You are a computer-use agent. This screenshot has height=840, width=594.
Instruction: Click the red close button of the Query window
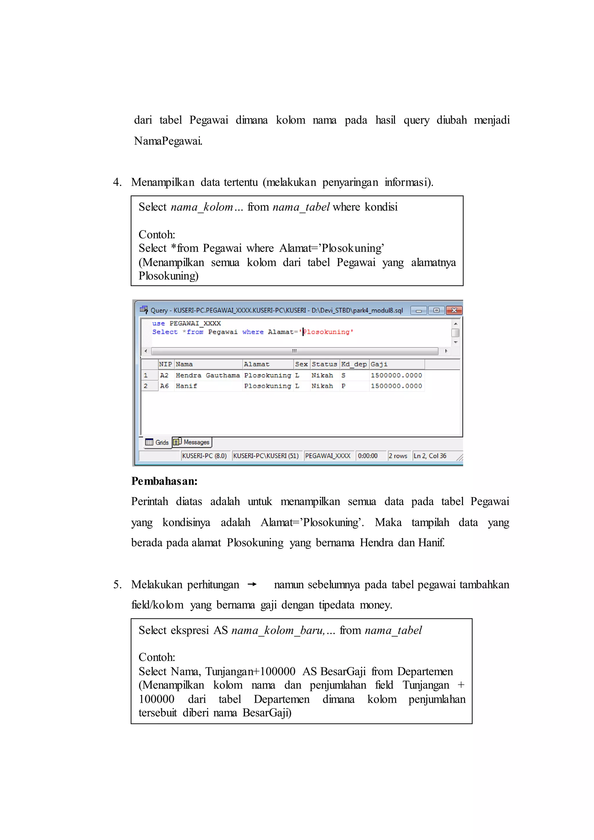click(x=454, y=310)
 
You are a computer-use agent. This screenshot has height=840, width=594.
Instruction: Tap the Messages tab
click(x=192, y=442)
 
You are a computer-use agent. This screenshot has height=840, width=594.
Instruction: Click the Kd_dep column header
click(x=354, y=364)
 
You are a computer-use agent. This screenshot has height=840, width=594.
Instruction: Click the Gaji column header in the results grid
click(x=379, y=364)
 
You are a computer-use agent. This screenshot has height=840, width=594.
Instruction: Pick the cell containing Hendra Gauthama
click(x=207, y=375)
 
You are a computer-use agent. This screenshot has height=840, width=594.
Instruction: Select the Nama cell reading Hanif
click(x=186, y=386)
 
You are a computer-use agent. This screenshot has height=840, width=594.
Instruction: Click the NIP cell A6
click(x=164, y=386)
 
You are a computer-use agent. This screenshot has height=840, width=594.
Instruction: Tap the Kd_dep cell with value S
click(x=343, y=375)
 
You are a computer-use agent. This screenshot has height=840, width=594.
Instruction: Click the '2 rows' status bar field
click(x=398, y=456)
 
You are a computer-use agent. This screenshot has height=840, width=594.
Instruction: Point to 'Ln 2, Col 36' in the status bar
click(x=430, y=456)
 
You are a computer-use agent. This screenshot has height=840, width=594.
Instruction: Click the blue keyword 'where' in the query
click(x=253, y=332)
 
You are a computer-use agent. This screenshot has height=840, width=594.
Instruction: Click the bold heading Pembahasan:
click(x=164, y=481)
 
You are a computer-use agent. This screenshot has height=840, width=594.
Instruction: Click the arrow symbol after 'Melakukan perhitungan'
click(x=252, y=585)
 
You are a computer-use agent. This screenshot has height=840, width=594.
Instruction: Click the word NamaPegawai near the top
click(x=168, y=140)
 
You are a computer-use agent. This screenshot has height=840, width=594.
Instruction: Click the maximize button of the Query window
click(x=436, y=310)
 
